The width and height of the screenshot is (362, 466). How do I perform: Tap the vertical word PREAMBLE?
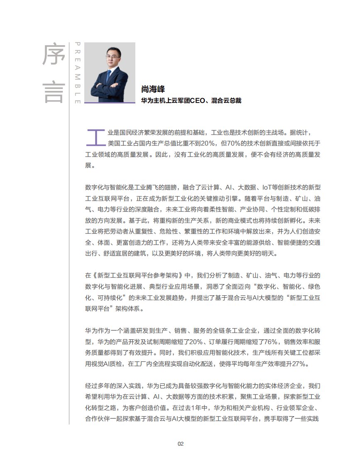78,73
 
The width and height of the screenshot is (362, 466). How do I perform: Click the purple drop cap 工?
95,137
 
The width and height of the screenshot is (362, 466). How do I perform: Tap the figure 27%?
299,364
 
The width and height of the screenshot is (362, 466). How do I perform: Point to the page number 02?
181,444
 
